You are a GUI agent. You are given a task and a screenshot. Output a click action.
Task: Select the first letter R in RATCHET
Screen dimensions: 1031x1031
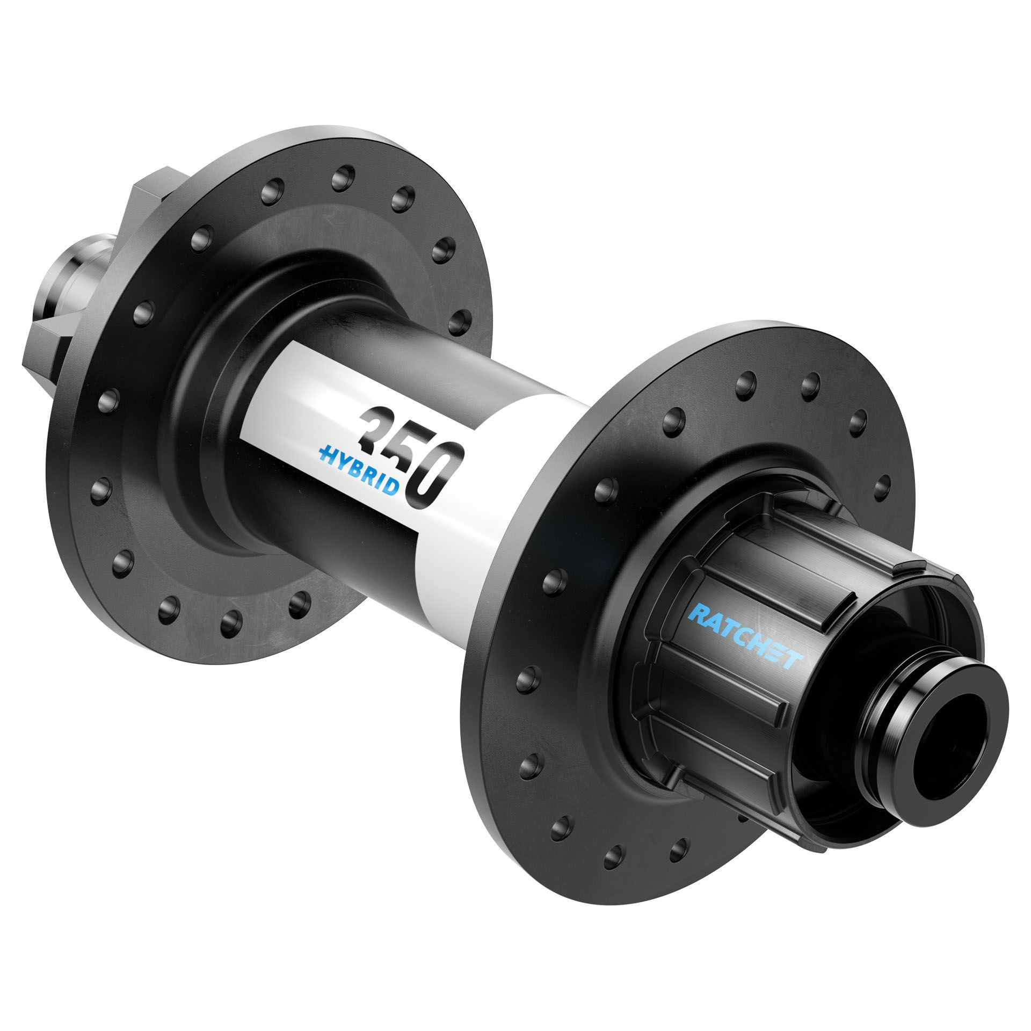point(699,612)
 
